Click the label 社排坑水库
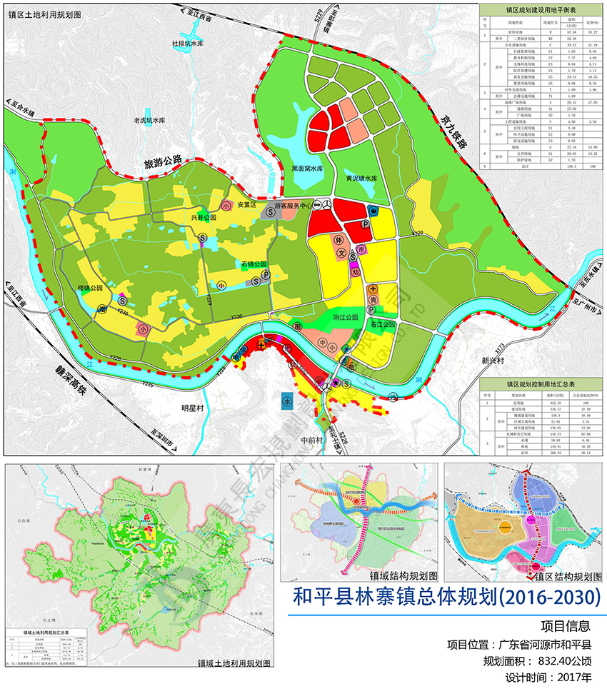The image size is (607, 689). click(x=189, y=43)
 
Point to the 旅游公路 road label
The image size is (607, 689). click(x=164, y=164)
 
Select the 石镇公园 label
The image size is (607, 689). click(x=254, y=264)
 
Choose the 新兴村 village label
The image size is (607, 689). click(x=493, y=361)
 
